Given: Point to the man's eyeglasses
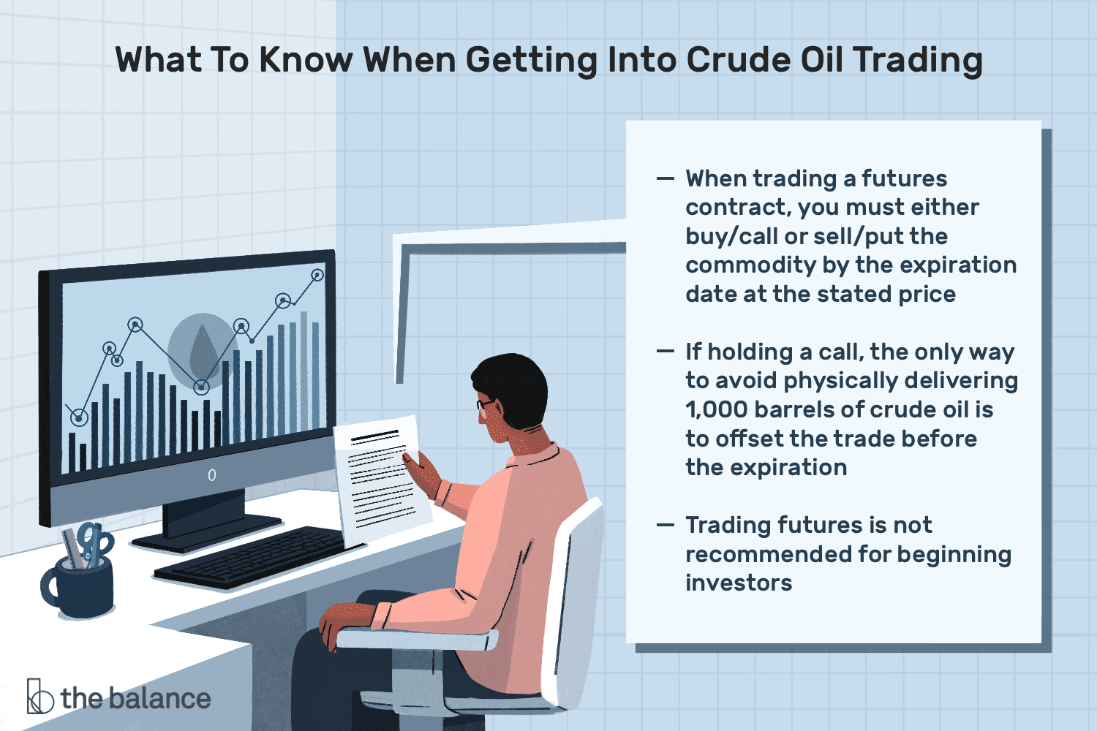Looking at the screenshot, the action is pyautogui.click(x=485, y=404).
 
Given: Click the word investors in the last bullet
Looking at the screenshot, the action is pyautogui.click(x=739, y=583).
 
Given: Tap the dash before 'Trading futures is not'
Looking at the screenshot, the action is pyautogui.click(x=666, y=525).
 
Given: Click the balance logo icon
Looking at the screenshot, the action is pyautogui.click(x=39, y=696).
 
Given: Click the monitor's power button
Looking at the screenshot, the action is pyautogui.click(x=211, y=475).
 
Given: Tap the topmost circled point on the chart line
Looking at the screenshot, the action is pyautogui.click(x=317, y=275).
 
